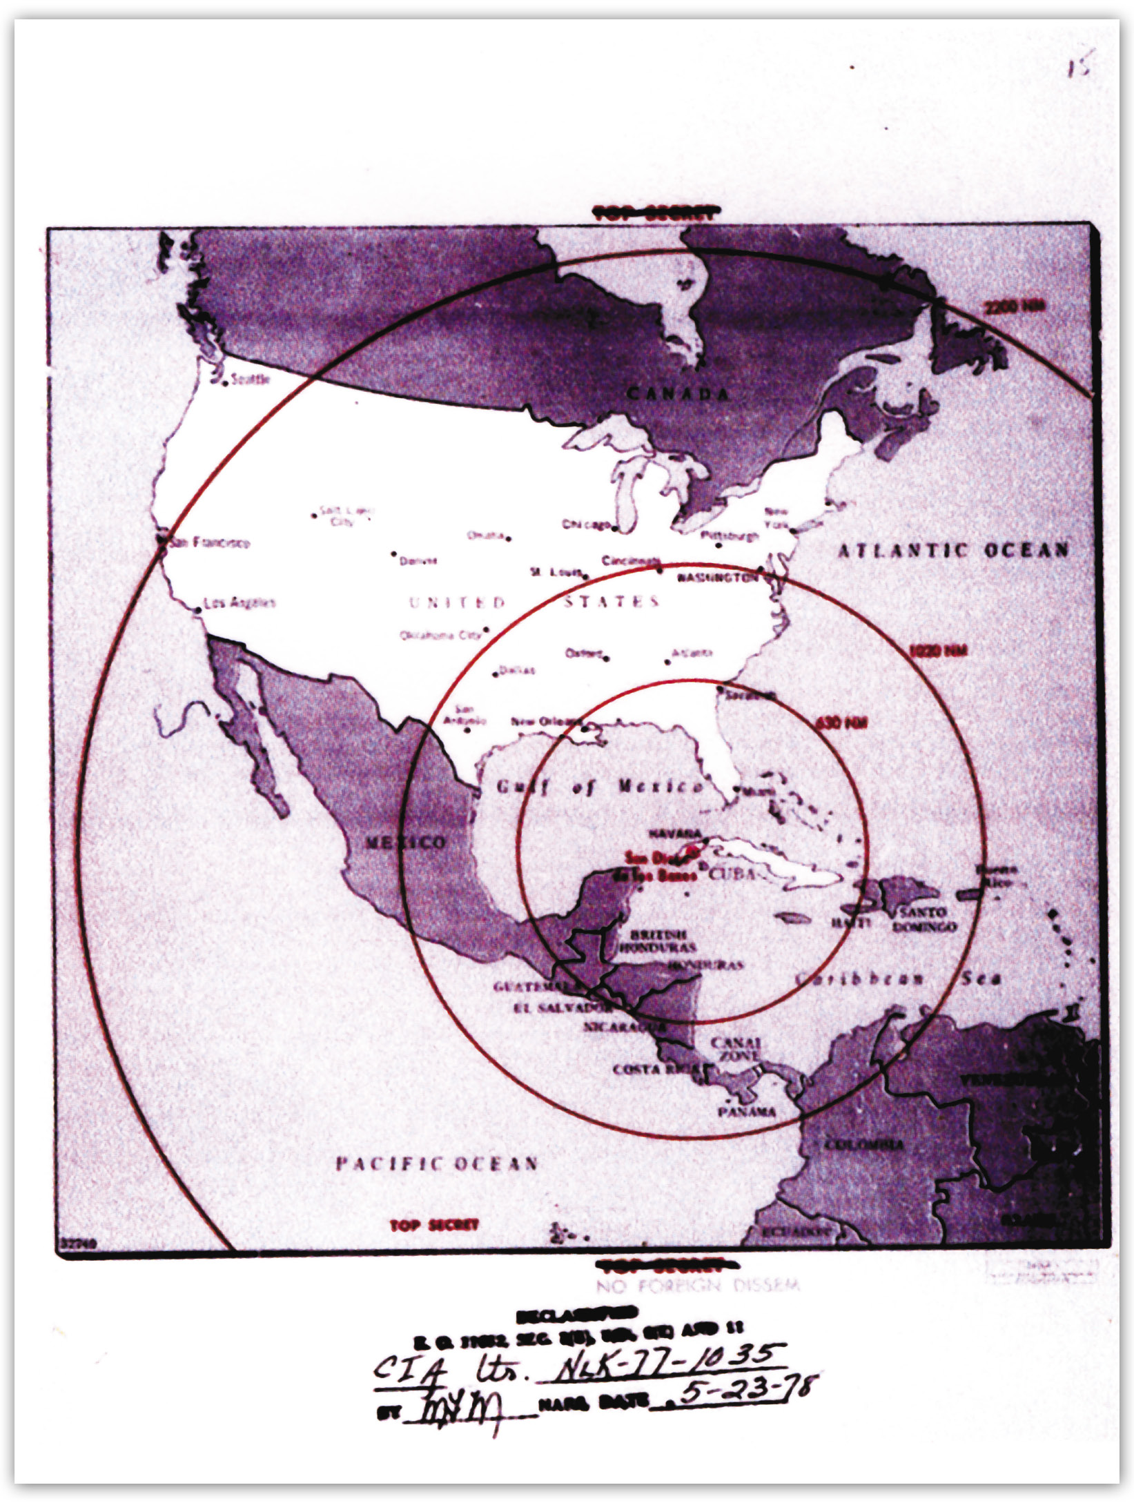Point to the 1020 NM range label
coord(938,651)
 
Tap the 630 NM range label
coord(841,723)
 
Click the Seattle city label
coord(250,380)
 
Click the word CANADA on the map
coord(678,394)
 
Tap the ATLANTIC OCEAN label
coord(952,550)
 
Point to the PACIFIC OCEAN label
coord(436,1164)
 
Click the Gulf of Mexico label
coord(600,787)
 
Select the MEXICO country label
coord(405,843)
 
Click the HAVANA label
coord(674,834)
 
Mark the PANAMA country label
coord(747,1112)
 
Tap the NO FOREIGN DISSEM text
coord(698,1285)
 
